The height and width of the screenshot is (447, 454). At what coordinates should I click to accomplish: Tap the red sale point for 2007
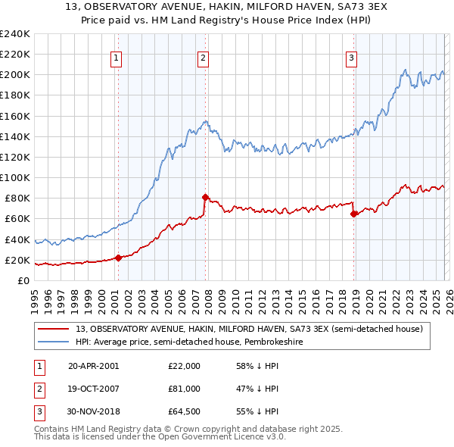pyautogui.click(x=205, y=197)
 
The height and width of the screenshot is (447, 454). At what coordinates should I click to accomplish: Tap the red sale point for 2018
pyautogui.click(x=353, y=214)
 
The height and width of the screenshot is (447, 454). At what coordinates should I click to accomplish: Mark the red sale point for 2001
pyautogui.click(x=118, y=258)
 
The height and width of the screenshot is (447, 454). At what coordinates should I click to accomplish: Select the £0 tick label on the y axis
pyautogui.click(x=23, y=281)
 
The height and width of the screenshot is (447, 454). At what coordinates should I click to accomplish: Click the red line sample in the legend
pyautogui.click(x=53, y=329)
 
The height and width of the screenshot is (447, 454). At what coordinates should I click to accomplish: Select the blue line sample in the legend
pyautogui.click(x=53, y=342)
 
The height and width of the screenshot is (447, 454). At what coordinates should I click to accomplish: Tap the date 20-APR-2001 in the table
pyautogui.click(x=94, y=366)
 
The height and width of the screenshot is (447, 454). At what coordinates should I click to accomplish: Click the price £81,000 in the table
pyautogui.click(x=184, y=389)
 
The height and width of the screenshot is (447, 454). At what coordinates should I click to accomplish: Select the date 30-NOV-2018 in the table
pyautogui.click(x=95, y=411)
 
